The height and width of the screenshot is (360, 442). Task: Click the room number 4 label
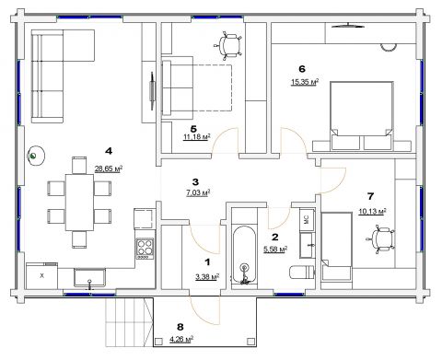109,151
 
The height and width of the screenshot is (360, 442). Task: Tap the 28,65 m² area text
109,168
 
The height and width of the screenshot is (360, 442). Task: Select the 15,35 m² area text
305,82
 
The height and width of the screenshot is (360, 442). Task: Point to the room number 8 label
180,327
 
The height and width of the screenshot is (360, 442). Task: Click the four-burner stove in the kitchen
145,249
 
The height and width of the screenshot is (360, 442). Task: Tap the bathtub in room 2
244,255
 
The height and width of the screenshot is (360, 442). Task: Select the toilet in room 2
302,273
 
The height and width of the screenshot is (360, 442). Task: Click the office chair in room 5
228,45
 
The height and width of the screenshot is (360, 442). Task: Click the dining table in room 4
79,203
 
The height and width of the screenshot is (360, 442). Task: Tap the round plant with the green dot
36,156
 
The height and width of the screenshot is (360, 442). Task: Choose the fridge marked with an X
42,276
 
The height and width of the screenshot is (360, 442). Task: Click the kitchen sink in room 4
89,278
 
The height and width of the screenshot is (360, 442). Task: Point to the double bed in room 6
361,116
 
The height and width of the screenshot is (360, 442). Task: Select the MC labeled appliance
307,220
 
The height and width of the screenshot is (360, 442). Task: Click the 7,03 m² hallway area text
198,192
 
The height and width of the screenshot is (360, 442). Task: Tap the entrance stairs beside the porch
129,322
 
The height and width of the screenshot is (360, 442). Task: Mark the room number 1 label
208,262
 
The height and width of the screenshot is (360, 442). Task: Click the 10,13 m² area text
372,212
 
